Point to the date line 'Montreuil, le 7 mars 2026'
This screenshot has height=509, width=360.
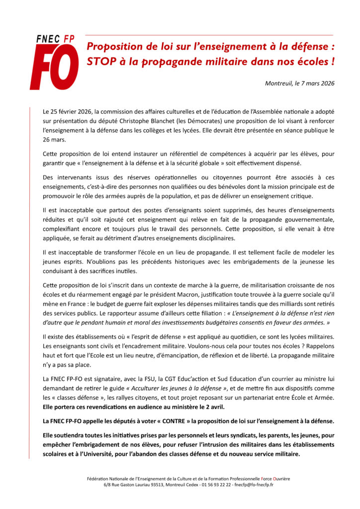(x=299, y=83)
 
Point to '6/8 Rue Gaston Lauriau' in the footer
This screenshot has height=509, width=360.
(x=127, y=484)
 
